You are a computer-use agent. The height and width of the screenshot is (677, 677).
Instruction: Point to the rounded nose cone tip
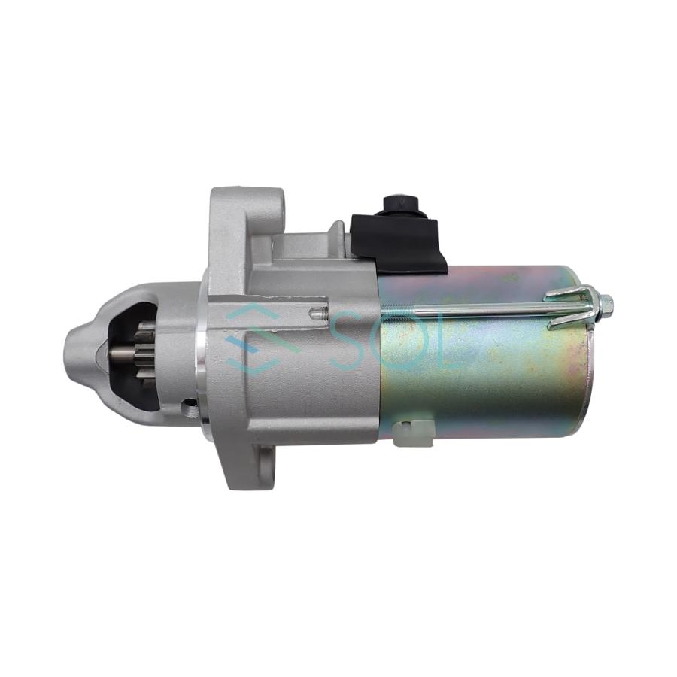(72, 350)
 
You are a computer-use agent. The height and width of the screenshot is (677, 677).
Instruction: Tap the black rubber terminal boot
(399, 241)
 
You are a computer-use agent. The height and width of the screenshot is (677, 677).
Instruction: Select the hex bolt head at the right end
(606, 305)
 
